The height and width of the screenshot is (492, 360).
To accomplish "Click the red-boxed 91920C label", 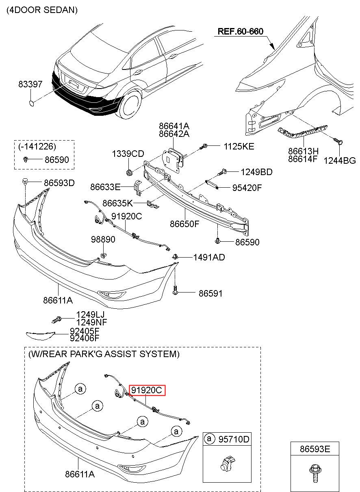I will (x=147, y=390).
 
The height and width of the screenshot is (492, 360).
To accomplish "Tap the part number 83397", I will (x=30, y=85).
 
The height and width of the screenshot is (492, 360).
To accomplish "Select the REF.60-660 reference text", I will (x=241, y=31).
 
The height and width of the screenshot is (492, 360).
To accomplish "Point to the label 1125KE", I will (x=239, y=147).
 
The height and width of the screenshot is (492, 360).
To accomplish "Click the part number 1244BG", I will (x=340, y=160).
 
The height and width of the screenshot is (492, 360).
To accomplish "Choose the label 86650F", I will (x=184, y=223).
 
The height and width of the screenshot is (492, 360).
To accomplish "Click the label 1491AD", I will (x=209, y=257).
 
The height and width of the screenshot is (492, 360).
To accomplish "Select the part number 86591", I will (x=210, y=293).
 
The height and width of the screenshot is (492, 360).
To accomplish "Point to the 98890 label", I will (x=103, y=240).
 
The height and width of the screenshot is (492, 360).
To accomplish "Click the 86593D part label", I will (x=59, y=183).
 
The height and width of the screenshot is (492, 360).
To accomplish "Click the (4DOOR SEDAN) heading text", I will (x=42, y=10).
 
